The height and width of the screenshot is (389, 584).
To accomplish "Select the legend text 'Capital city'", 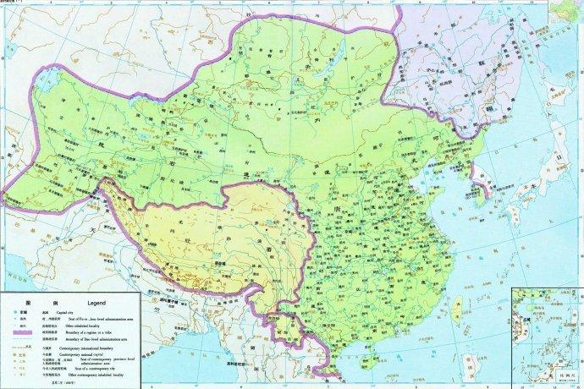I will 71,312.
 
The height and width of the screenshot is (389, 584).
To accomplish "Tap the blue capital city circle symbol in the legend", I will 14,312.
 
